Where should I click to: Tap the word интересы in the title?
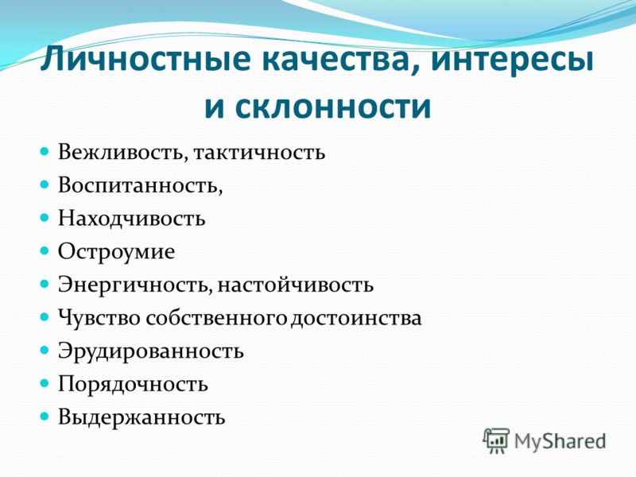(512, 61)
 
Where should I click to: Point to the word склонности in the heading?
(333, 107)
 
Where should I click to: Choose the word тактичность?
(259, 153)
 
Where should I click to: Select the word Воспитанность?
(138, 185)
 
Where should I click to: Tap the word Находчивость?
(131, 218)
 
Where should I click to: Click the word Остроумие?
(116, 252)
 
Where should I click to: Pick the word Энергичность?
(133, 285)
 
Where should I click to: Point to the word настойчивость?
(295, 285)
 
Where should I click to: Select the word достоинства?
(355, 318)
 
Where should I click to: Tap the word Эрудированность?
(150, 351)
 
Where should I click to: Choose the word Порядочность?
(133, 384)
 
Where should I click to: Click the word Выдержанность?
(142, 417)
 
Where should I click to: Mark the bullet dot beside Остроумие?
(45, 250)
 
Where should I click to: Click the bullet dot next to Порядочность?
(45, 383)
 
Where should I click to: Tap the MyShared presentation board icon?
(496, 440)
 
